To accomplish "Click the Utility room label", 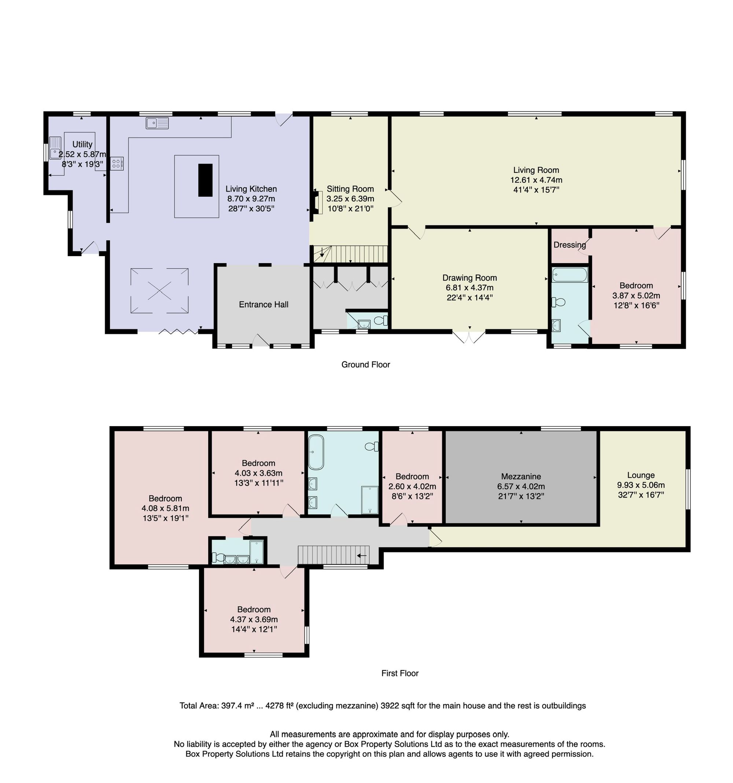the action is click(x=82, y=145).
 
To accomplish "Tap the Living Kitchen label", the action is click(x=251, y=189).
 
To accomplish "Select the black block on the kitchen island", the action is click(x=205, y=180).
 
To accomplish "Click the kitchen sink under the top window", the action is click(x=157, y=123).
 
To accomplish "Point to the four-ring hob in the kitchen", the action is click(x=117, y=163).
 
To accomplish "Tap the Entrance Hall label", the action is click(x=264, y=304).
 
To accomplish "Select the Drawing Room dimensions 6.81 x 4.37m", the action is click(x=469, y=288).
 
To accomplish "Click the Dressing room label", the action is click(x=570, y=245).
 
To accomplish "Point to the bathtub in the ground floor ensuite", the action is click(x=570, y=274).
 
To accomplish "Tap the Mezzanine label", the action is click(x=521, y=477).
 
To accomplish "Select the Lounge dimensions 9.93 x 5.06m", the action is click(x=641, y=485).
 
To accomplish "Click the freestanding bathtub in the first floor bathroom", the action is click(x=316, y=452).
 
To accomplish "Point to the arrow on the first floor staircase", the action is click(x=362, y=556).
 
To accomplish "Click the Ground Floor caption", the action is click(x=365, y=365).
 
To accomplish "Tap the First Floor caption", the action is click(x=400, y=673).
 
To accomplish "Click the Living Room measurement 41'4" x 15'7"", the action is click(x=536, y=190).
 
